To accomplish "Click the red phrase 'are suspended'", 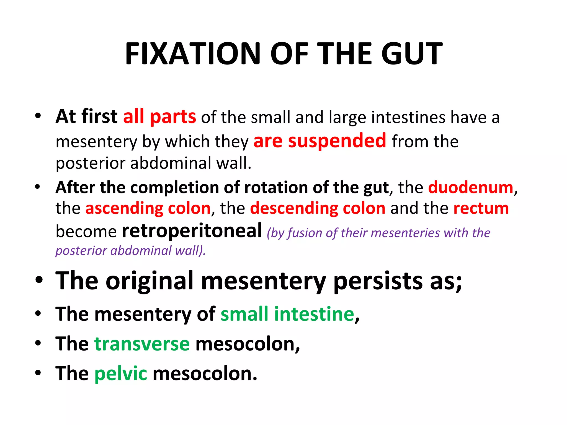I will [320, 141].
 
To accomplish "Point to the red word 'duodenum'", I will [471, 187].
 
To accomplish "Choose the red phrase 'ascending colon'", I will [148, 208].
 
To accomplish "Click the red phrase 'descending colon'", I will [318, 208].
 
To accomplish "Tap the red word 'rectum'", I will [481, 208].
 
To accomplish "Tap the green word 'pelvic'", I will [121, 373].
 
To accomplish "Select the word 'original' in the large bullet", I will [150, 281].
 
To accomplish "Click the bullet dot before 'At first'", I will [38, 116].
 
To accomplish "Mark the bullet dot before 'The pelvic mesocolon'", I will [38, 373].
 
